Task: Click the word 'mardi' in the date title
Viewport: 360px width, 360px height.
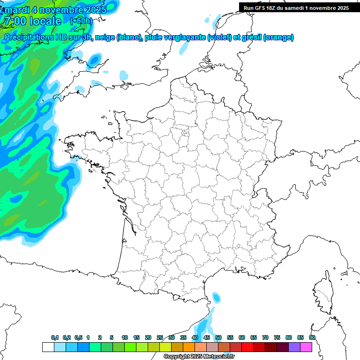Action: (16, 9)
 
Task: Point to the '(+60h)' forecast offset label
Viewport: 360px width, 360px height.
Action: (81, 21)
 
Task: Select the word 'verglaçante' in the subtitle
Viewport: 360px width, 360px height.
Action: (186, 37)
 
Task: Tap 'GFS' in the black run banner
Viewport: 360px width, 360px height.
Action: (260, 8)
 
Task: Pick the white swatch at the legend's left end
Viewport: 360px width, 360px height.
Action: (48, 347)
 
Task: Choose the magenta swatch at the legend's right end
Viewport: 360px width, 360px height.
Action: (306, 347)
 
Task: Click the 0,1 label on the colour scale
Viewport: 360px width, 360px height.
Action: (55, 337)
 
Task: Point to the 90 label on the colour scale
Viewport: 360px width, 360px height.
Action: (312, 337)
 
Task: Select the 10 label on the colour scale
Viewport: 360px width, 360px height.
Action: (125, 337)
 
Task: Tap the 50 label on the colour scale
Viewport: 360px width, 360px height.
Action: (218, 337)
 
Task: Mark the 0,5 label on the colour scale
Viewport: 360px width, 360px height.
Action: (78, 337)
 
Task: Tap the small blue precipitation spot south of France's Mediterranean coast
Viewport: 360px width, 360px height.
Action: (216, 297)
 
